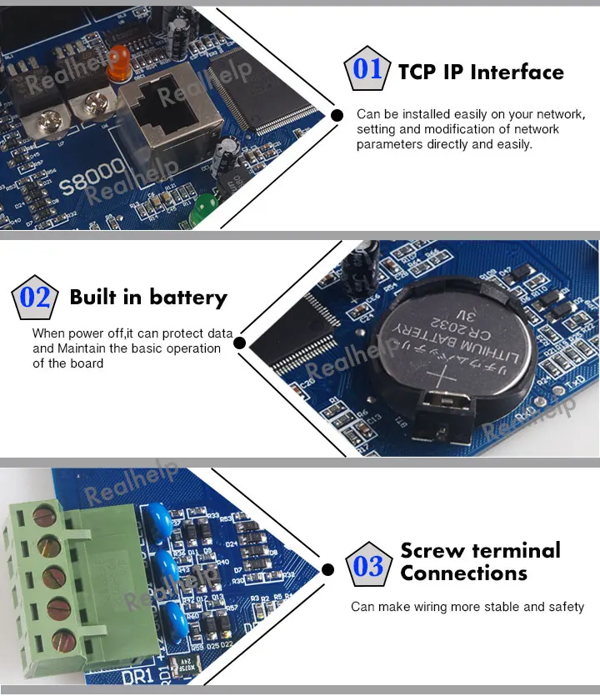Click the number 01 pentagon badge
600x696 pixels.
tap(367, 69)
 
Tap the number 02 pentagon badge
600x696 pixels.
tap(34, 298)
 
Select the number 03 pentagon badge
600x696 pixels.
tap(367, 567)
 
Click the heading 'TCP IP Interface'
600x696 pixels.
tap(481, 73)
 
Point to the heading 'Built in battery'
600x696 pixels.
tap(148, 298)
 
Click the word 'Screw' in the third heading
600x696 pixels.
tap(434, 551)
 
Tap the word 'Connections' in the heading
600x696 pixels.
tap(463, 573)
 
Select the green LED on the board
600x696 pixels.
tap(200, 212)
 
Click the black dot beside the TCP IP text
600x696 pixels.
tap(337, 115)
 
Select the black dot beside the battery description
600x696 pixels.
tap(239, 343)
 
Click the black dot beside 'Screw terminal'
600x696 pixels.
tap(328, 570)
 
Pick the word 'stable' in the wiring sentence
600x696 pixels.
tap(500, 607)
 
